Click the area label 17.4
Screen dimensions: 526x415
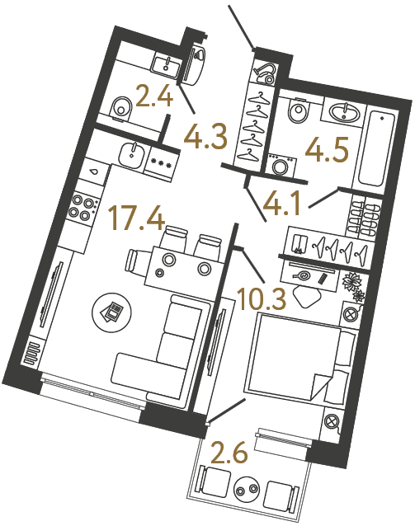tap(138, 220)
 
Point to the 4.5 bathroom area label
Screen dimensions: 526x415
tap(326, 151)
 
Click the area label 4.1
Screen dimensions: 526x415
tap(283, 199)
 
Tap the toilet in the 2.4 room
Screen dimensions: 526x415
tap(121, 106)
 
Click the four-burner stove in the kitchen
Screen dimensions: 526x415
tap(82, 205)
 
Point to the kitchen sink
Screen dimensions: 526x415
tap(130, 151)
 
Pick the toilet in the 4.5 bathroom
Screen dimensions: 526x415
tap(298, 110)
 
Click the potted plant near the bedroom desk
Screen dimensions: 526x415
tap(355, 283)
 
